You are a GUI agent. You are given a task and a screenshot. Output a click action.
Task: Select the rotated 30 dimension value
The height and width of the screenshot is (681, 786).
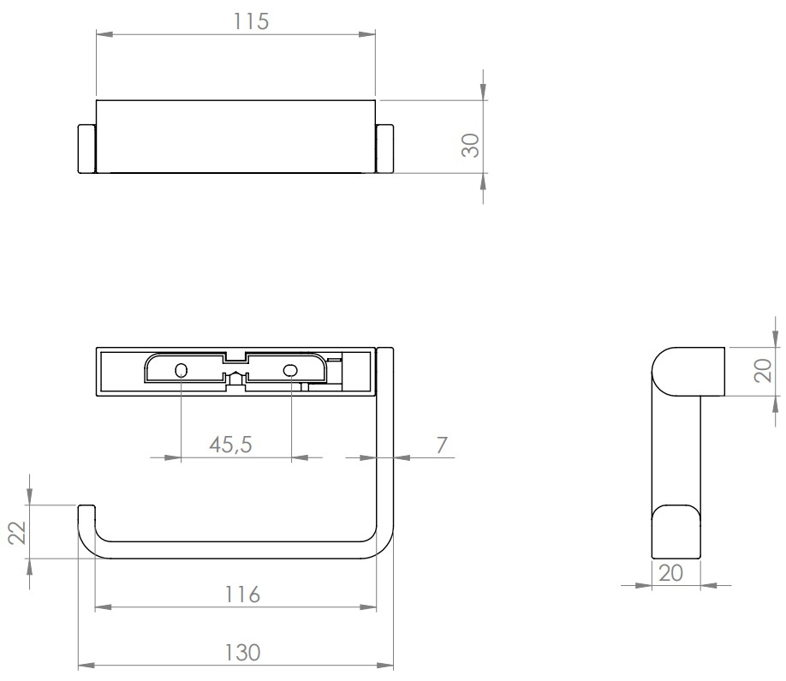pyautogui.click(x=469, y=144)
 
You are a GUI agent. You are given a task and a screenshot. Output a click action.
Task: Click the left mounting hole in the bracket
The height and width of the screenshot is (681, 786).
pyautogui.click(x=181, y=370)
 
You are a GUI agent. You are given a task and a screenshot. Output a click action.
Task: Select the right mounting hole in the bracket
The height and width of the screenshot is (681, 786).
pyautogui.click(x=290, y=370)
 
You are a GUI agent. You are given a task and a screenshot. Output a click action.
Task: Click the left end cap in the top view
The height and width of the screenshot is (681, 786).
pyautogui.click(x=86, y=149)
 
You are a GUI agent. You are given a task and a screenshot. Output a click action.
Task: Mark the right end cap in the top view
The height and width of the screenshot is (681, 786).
pyautogui.click(x=385, y=149)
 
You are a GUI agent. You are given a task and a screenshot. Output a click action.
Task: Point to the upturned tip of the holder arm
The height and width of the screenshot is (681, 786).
pyautogui.click(x=86, y=514)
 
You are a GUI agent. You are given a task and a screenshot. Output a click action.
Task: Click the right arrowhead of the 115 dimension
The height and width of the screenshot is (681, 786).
pyautogui.click(x=367, y=34)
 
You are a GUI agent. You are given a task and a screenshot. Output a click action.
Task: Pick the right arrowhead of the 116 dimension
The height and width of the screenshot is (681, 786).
pyautogui.click(x=368, y=607)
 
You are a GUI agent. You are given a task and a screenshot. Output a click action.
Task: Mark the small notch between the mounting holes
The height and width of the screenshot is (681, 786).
pyautogui.click(x=236, y=377)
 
